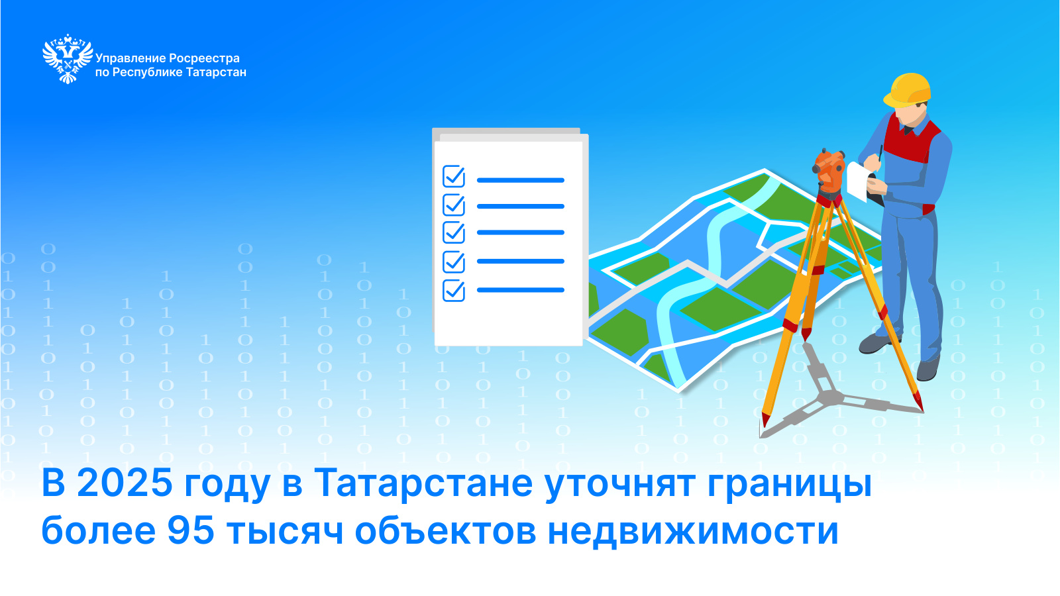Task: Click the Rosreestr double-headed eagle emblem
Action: (68, 59)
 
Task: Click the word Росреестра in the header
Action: (204, 58)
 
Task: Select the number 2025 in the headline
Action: (125, 483)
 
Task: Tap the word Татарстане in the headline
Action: (423, 483)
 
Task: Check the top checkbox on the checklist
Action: (453, 176)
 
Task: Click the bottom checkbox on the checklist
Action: (453, 290)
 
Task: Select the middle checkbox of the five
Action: (453, 232)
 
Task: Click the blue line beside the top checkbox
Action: (521, 180)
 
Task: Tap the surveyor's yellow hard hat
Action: (907, 90)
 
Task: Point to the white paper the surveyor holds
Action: (857, 181)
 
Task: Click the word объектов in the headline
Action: (445, 530)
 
